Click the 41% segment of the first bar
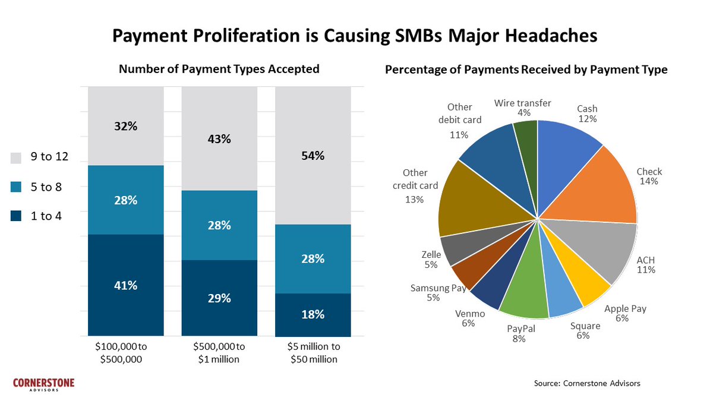(x=125, y=285)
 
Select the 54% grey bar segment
(x=313, y=156)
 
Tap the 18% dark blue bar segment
(x=313, y=314)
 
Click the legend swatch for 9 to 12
(x=17, y=158)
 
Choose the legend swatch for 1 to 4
(x=17, y=216)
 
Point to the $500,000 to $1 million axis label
(x=219, y=352)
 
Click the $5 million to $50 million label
(x=313, y=352)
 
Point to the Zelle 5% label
(x=431, y=260)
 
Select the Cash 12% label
(x=587, y=113)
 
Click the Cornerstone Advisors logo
(x=44, y=384)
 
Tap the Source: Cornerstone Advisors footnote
(x=586, y=384)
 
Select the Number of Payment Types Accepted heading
(x=219, y=69)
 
